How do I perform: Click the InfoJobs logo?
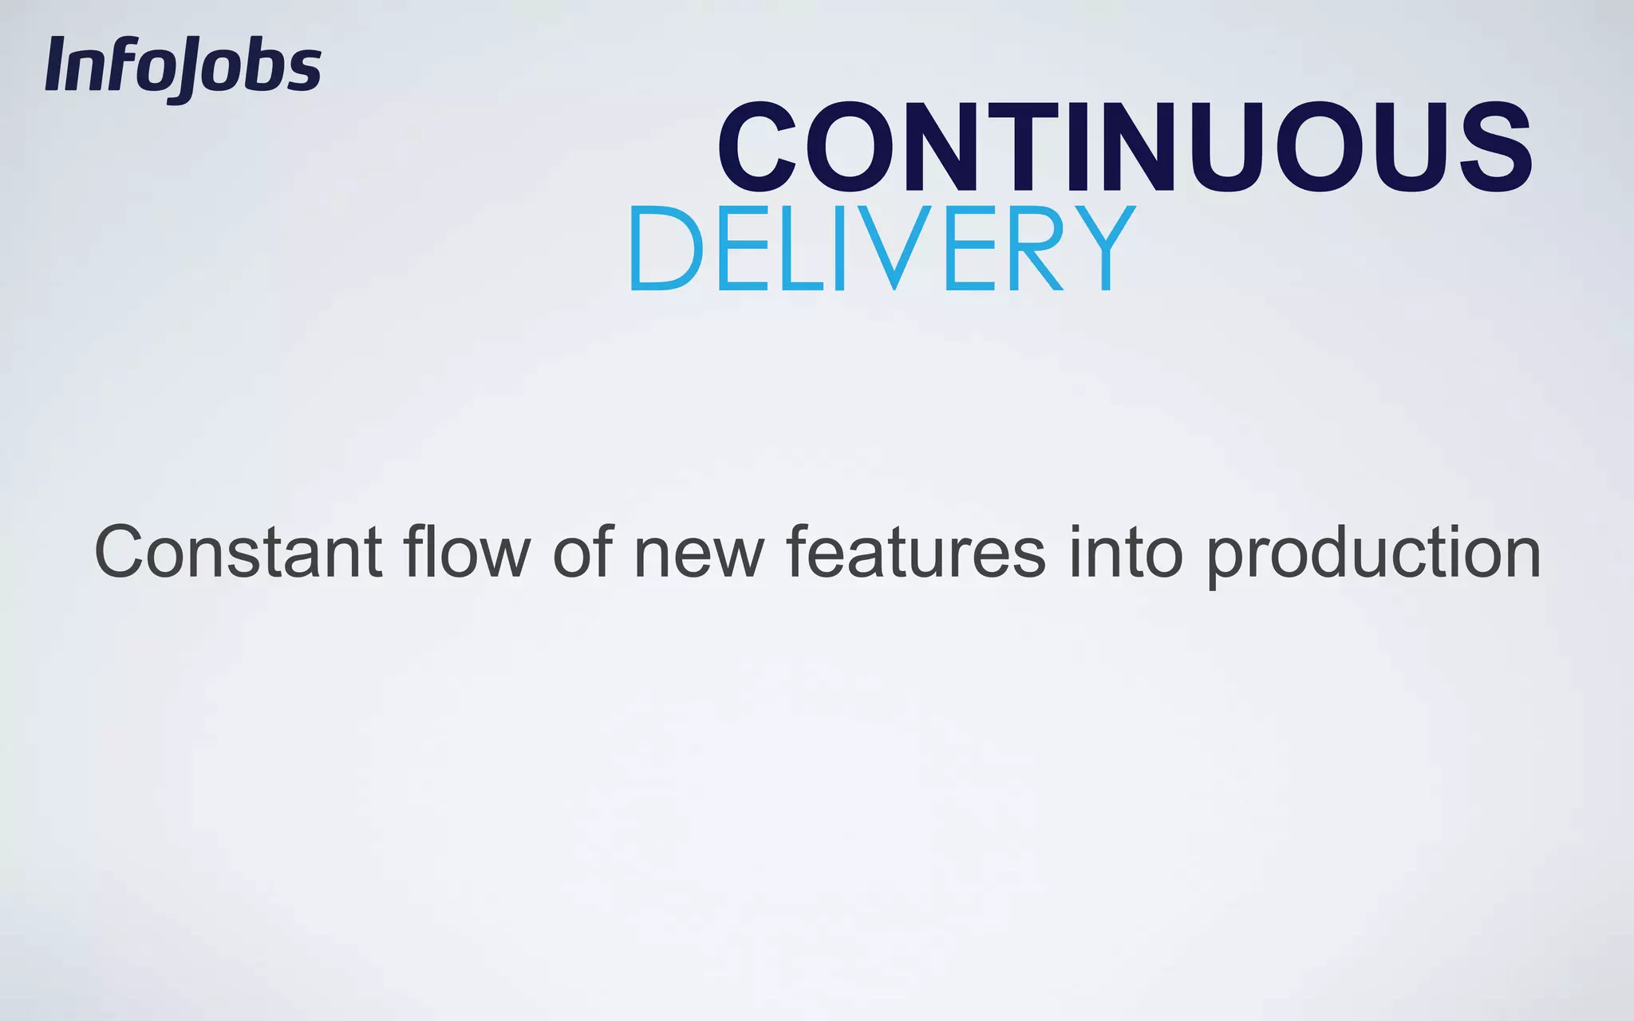pos(184,67)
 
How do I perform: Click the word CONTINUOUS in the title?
pos(1125,148)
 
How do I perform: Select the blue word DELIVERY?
pos(882,249)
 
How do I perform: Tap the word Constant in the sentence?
pos(238,552)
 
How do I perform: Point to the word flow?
pos(467,552)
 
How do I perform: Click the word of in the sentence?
pos(582,552)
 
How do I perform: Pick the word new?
pos(699,552)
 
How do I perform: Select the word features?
pos(916,552)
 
